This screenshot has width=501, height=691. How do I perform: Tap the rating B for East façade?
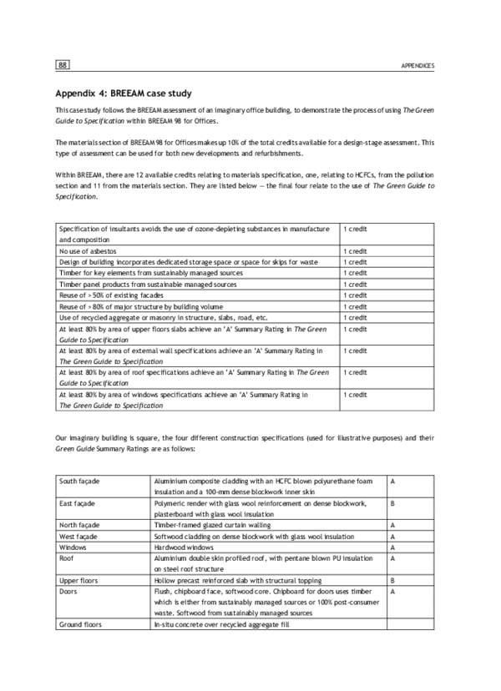click(392, 504)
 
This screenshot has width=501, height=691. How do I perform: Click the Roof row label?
click(69, 559)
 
